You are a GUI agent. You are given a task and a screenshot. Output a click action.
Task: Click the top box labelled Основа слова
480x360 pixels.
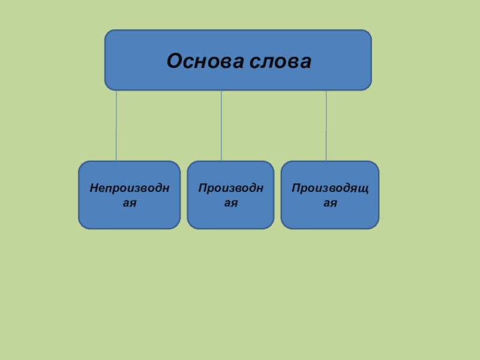238,60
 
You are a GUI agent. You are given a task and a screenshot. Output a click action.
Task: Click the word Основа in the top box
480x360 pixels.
199,61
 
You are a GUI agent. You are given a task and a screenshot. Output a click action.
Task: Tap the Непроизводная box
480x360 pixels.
129,195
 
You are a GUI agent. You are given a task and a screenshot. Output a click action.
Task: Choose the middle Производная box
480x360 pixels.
231,195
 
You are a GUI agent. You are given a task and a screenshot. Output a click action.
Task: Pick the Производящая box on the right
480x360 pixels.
330,195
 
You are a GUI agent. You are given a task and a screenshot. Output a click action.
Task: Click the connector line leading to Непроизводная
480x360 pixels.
116,125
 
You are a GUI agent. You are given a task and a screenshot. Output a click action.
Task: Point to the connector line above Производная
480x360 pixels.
221,125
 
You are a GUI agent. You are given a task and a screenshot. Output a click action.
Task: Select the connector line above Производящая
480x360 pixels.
326,125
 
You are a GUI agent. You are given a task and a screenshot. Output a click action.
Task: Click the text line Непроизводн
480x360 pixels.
129,188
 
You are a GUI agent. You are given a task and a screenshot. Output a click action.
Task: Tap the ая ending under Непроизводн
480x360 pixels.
129,203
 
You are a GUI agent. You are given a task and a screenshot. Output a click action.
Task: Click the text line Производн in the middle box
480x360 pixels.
231,188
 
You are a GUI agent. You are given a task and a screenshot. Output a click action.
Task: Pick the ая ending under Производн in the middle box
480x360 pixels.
231,203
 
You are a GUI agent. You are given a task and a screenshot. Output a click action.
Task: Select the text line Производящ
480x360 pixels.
330,188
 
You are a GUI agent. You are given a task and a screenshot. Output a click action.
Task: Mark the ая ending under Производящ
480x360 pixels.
330,203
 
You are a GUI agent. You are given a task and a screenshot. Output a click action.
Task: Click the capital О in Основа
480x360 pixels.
173,61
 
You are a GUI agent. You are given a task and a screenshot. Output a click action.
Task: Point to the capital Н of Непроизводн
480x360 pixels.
93,188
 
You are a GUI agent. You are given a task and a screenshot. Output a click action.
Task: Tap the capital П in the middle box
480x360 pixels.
203,188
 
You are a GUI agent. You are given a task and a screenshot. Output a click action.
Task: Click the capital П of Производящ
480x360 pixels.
295,188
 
